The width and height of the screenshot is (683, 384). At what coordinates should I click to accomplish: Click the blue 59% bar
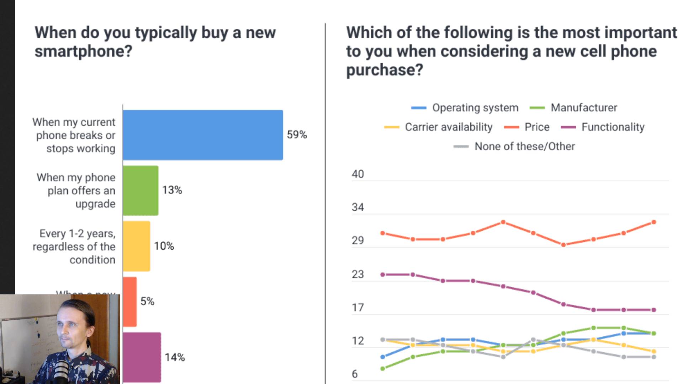pos(203,135)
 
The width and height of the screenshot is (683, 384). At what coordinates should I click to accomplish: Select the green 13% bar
pos(141,191)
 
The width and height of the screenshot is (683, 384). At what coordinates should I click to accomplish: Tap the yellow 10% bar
pos(137,246)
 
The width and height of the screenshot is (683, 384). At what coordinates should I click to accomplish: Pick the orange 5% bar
pos(130,302)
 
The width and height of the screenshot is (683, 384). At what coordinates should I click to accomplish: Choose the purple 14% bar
pos(142,357)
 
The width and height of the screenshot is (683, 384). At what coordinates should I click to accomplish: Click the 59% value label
pos(297,135)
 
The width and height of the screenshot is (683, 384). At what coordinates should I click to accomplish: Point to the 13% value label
pos(172,190)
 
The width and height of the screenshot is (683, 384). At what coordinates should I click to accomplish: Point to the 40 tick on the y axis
pos(358,174)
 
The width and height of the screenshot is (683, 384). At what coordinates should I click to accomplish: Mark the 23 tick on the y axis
pos(358,274)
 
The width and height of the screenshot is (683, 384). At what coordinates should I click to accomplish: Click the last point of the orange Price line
pos(653,222)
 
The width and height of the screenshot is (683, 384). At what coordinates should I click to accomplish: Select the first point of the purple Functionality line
pos(383,274)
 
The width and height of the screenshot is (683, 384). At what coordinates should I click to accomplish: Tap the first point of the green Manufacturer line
pos(383,369)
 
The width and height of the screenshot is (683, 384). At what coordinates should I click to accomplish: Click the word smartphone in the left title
pos(83,51)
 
